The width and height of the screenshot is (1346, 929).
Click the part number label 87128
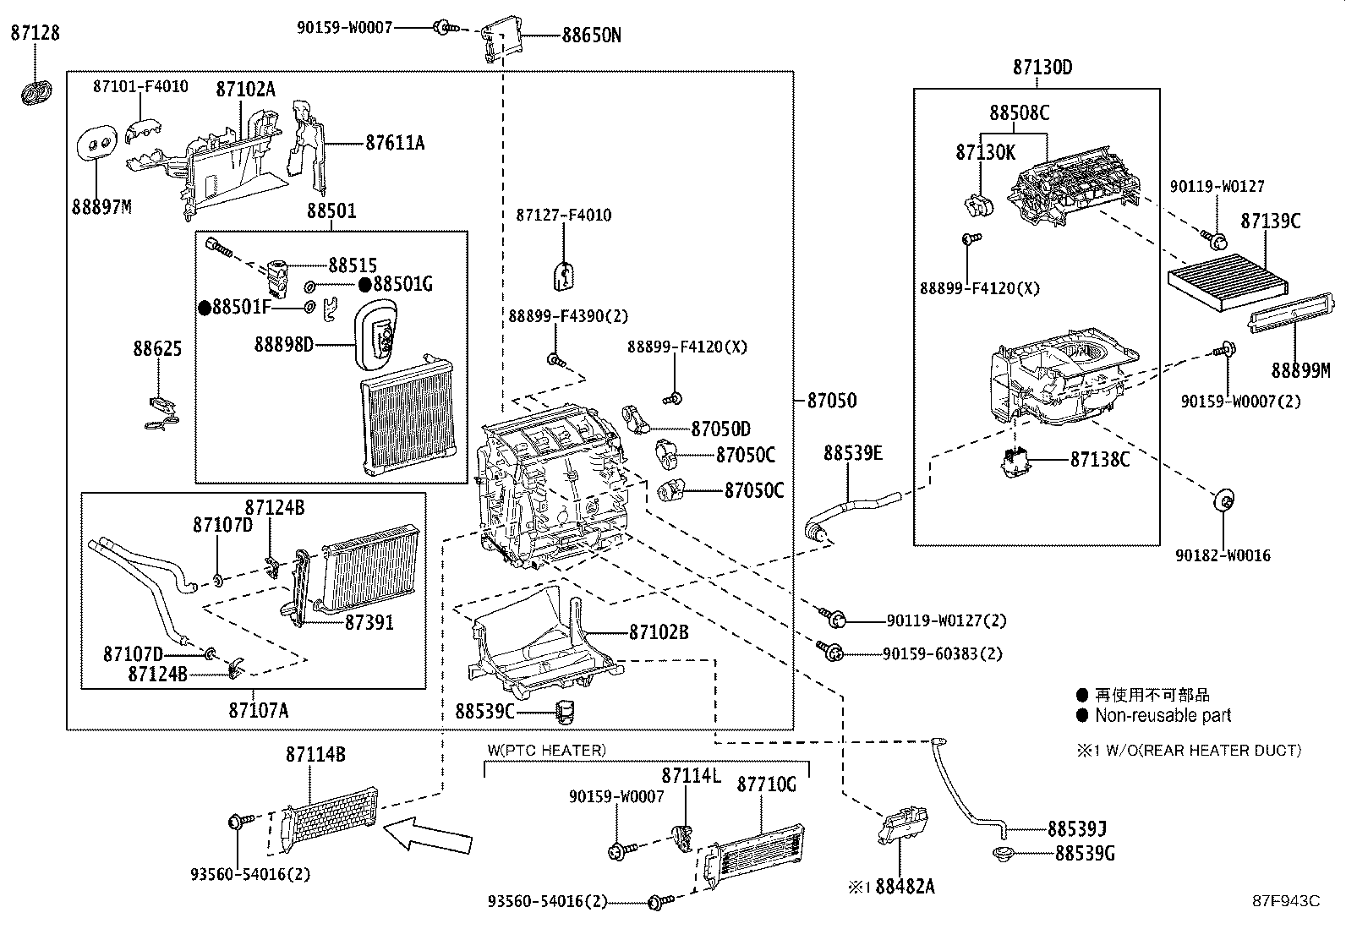pos(35,33)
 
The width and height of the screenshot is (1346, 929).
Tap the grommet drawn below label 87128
pos(35,92)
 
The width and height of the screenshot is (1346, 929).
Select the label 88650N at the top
pos(591,36)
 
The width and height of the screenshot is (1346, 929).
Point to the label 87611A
pos(394,143)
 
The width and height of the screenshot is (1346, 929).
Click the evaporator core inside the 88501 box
pos(407,416)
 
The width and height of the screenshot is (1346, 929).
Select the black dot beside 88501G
pos(365,284)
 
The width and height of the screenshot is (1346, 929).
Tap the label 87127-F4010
pos(563,215)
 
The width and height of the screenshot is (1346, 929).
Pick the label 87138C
pos(1100,459)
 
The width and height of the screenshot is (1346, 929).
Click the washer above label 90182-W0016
pos(1222,499)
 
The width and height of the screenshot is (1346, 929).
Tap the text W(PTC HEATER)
pos(546,750)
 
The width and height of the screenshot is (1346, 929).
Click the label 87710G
pos(766,784)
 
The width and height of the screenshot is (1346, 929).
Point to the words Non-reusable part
pos(1163,715)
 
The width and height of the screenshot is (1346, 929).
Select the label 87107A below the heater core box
pos(258,710)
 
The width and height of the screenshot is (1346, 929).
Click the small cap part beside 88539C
pos(564,712)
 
